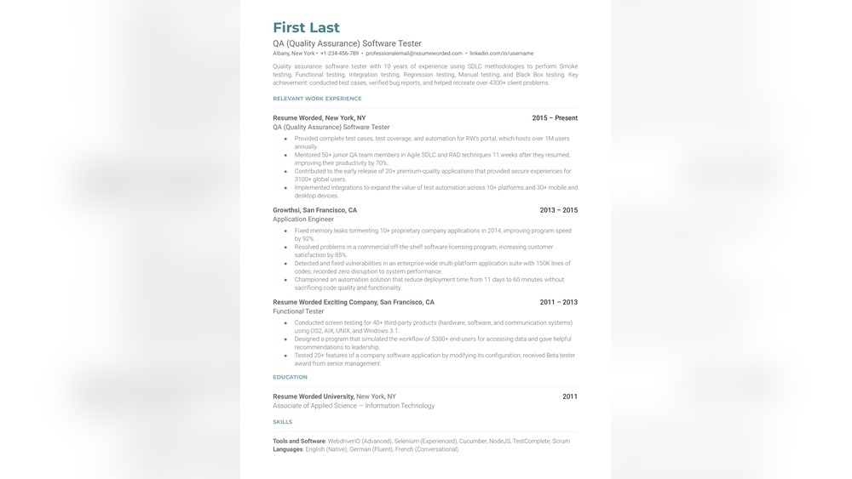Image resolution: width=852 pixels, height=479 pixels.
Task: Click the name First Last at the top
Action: click(306, 28)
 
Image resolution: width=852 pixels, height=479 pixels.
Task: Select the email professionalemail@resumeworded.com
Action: click(414, 54)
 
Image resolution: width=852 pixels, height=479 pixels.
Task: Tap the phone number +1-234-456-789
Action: click(339, 54)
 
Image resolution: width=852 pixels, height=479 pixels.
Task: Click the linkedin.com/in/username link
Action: click(501, 54)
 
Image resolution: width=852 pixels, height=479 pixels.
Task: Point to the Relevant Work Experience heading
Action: click(317, 99)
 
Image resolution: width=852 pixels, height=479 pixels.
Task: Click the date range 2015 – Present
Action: click(555, 118)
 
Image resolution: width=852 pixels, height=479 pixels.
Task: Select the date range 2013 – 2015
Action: click(558, 210)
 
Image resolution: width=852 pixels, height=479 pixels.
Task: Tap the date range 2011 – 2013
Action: click(558, 302)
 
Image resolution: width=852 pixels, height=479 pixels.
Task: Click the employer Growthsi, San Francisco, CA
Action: click(314, 210)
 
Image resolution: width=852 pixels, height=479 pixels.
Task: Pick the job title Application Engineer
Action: click(303, 220)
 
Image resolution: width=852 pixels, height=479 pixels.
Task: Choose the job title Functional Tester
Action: click(298, 311)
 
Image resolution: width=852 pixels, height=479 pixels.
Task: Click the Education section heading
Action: click(290, 377)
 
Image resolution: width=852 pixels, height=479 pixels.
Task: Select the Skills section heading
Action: click(282, 422)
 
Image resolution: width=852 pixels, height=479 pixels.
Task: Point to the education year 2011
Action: click(570, 396)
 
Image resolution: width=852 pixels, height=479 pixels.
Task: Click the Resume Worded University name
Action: click(314, 396)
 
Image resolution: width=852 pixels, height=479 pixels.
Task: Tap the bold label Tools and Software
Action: click(299, 442)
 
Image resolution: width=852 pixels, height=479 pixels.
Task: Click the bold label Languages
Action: click(287, 449)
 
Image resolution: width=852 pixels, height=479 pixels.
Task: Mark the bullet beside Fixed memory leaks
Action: click(285, 231)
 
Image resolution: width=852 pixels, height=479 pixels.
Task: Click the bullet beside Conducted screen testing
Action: click(285, 323)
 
